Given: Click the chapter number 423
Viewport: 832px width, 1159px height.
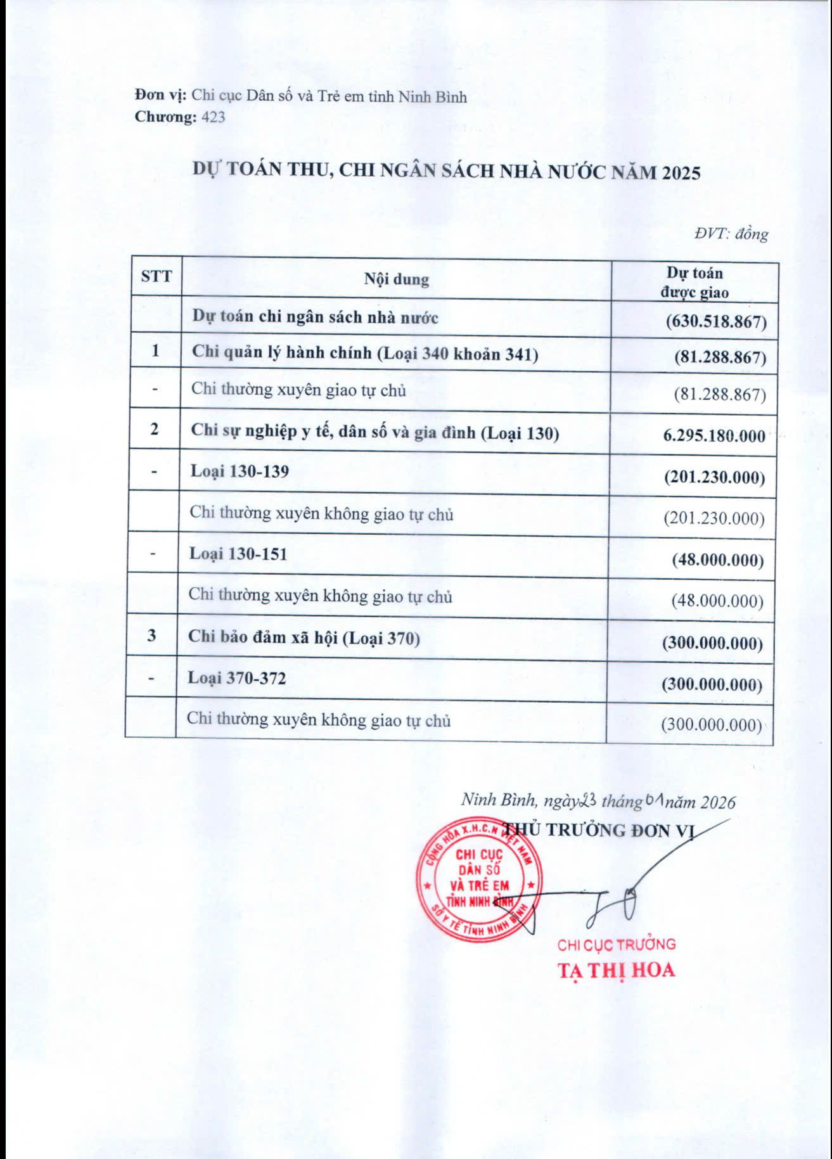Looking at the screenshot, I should (212, 117).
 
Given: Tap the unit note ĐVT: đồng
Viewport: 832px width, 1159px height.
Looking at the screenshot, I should (731, 234).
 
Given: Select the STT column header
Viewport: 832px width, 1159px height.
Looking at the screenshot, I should (156, 276).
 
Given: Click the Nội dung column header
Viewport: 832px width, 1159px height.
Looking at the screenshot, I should (396, 279).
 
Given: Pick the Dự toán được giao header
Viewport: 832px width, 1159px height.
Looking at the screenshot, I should (694, 283).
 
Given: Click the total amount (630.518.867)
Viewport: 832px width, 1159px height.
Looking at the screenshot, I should (716, 321).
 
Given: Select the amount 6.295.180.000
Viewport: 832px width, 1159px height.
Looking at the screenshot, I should (714, 436).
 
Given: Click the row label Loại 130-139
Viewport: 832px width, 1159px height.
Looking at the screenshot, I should (240, 471).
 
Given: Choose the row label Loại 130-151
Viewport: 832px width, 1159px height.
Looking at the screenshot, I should (238, 554).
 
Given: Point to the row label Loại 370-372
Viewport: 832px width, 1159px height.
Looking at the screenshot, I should (237, 678).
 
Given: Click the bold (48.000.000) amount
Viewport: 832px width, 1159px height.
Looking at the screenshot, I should (717, 560).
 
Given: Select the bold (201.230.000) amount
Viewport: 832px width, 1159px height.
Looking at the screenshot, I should (714, 477).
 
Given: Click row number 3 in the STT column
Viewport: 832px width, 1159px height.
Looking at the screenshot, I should (151, 636).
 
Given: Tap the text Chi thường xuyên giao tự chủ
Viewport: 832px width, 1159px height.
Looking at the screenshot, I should (298, 389).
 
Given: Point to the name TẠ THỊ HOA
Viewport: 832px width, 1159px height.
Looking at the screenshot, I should (616, 970).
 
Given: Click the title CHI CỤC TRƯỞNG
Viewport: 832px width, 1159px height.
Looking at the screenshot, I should (616, 945).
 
